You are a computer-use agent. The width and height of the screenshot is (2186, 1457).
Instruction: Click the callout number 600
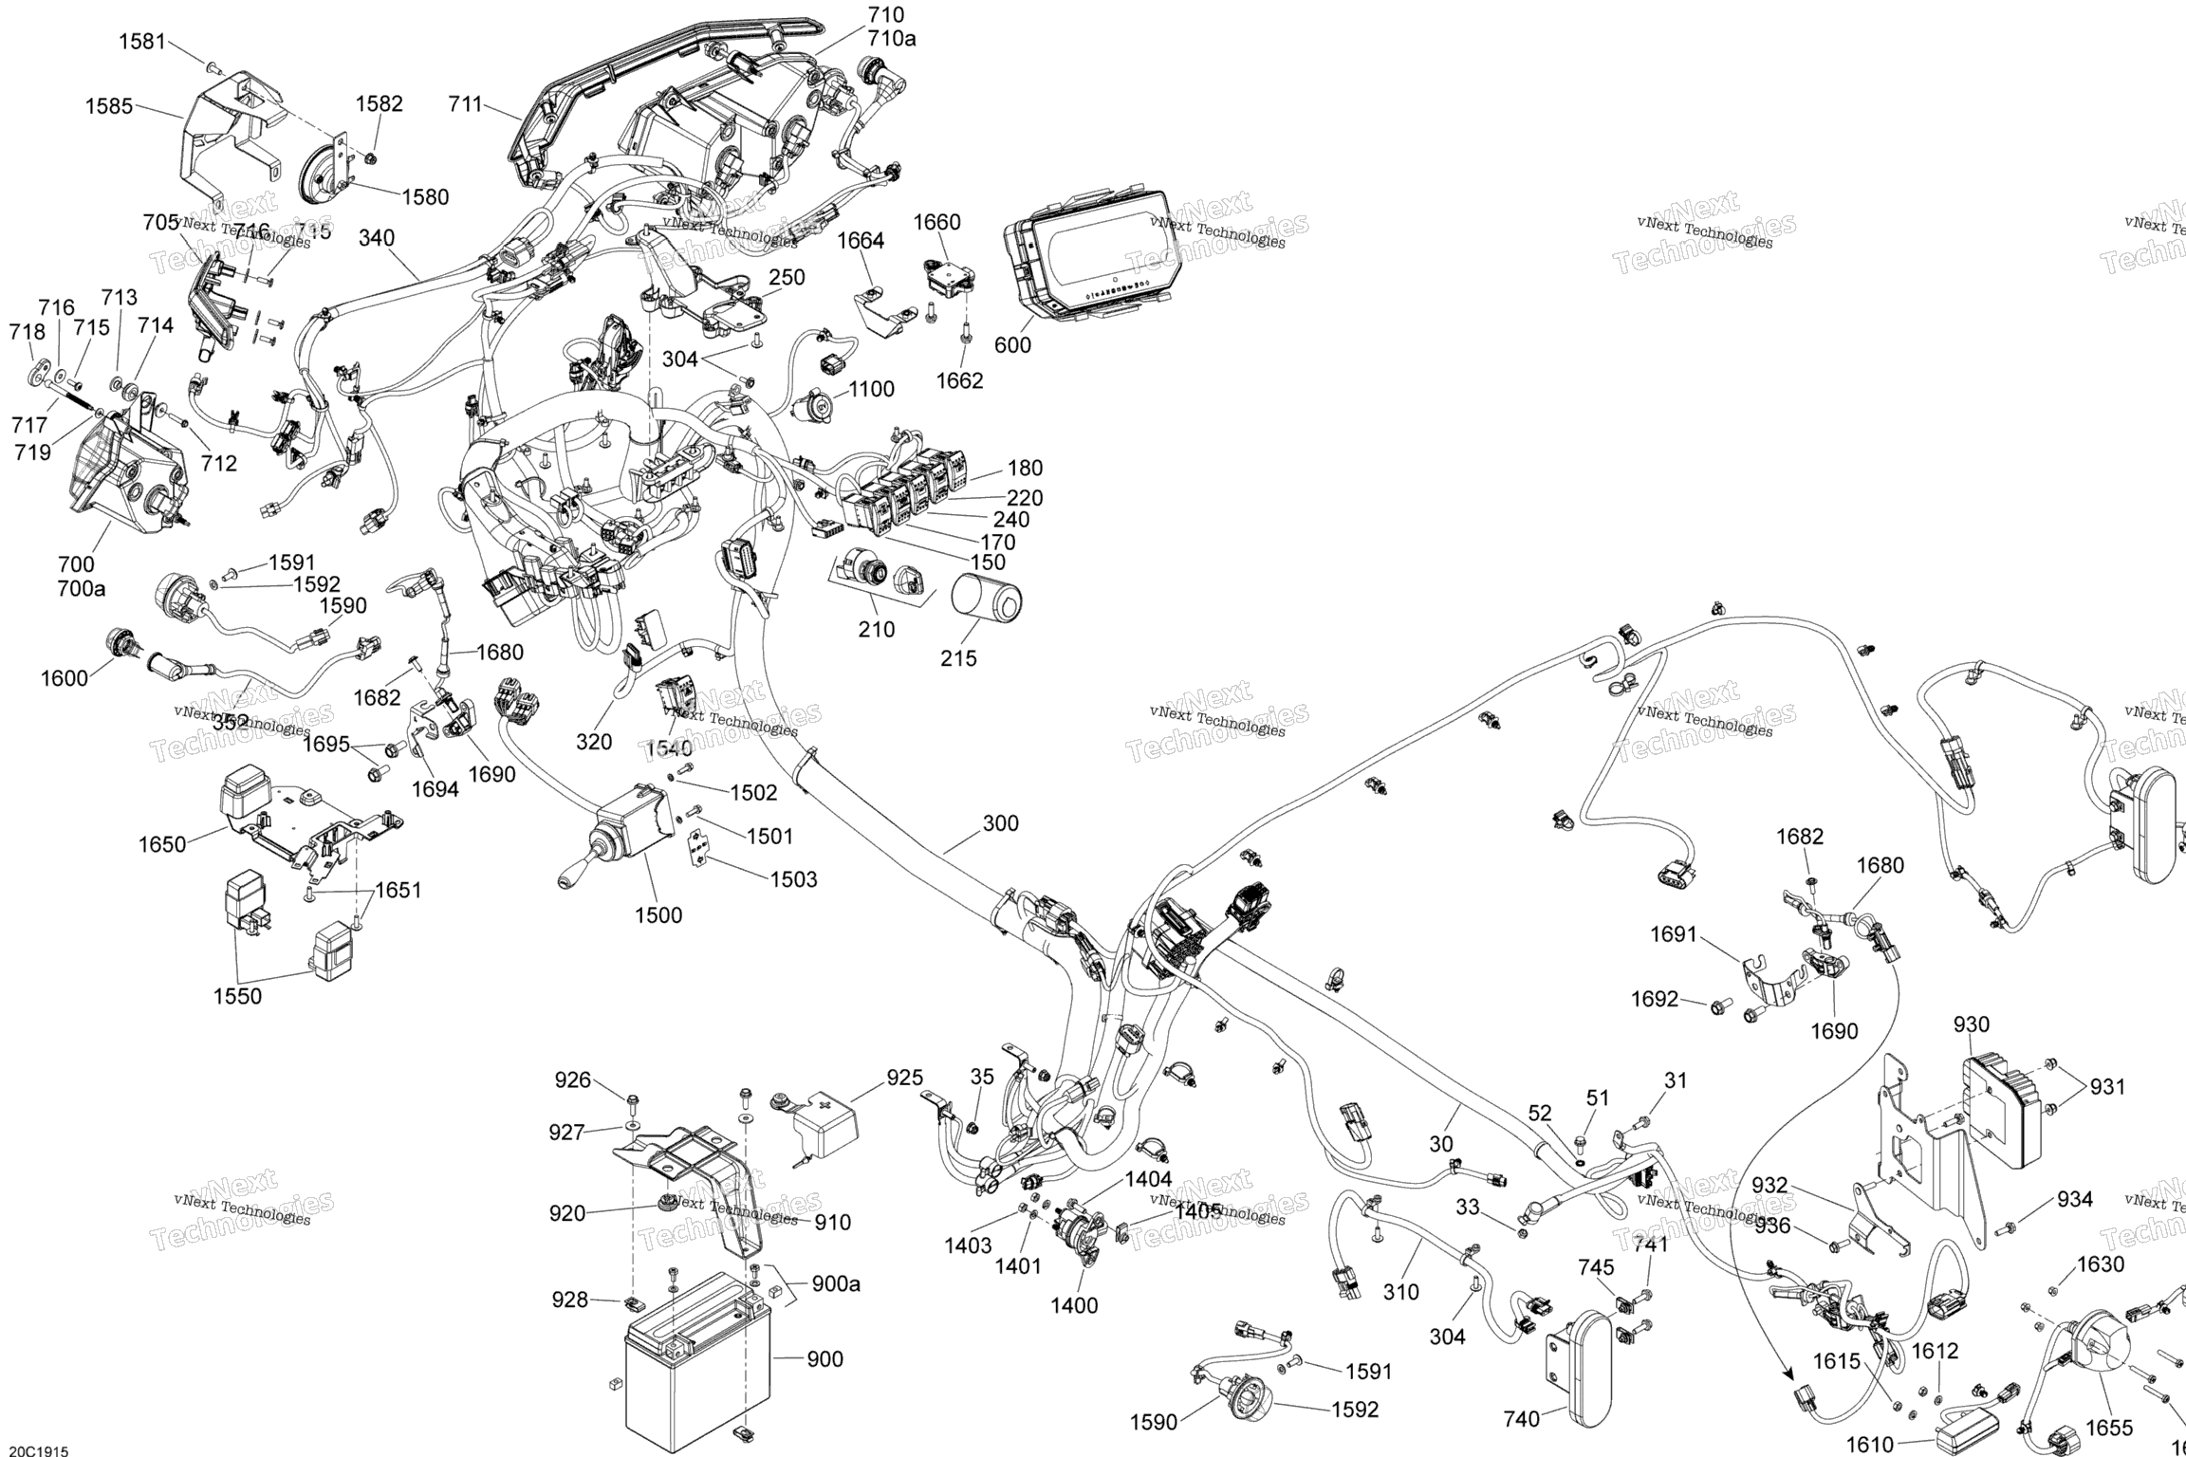click(x=1012, y=345)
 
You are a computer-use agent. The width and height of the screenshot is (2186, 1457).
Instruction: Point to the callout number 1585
click(x=109, y=106)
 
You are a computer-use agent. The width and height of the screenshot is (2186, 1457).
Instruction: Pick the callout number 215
click(x=958, y=658)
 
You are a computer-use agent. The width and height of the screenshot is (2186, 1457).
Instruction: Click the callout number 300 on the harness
click(x=1000, y=823)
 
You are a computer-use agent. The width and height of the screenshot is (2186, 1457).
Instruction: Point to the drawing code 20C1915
click(x=34, y=1450)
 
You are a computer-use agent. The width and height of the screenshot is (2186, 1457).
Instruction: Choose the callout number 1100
click(x=871, y=389)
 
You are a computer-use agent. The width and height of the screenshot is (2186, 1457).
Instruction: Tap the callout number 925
click(x=904, y=1078)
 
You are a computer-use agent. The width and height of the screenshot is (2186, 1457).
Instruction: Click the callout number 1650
click(x=162, y=844)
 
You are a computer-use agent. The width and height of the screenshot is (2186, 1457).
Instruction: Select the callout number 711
click(x=466, y=104)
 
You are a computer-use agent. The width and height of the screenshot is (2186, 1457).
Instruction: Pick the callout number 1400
click(x=1074, y=1305)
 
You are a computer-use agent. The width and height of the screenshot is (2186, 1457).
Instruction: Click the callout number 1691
click(x=1673, y=934)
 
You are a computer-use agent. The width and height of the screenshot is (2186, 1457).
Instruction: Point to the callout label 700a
click(x=82, y=588)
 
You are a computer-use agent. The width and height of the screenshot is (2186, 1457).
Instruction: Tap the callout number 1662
click(x=960, y=380)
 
